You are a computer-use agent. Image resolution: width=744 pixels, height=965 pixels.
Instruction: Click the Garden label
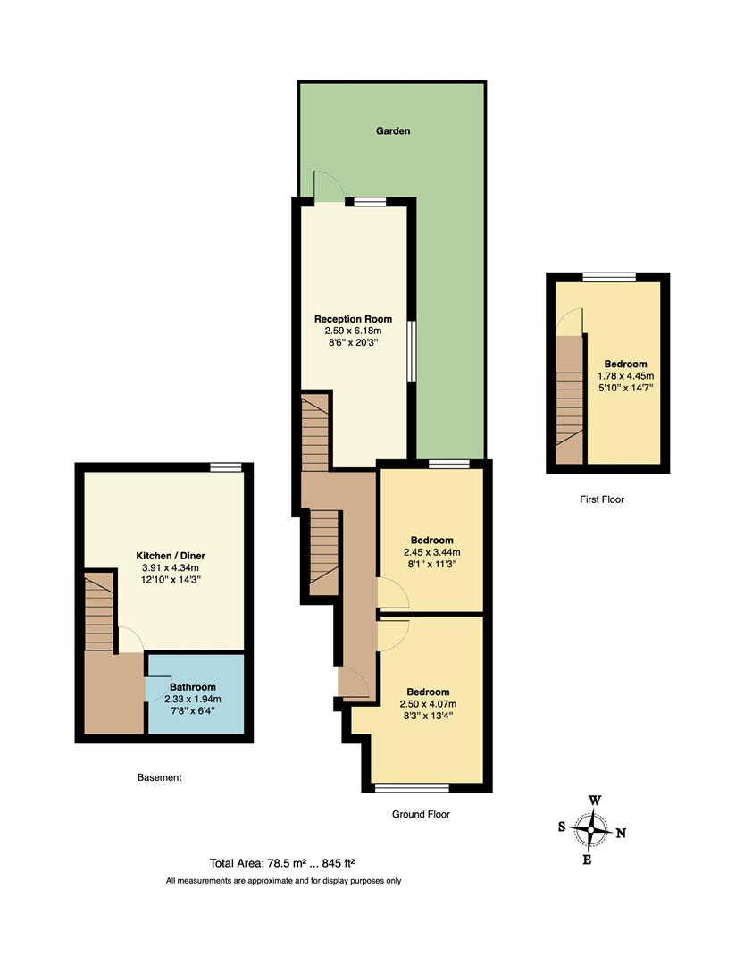pyautogui.click(x=392, y=131)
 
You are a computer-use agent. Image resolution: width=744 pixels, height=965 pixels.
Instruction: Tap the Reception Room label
pyautogui.click(x=353, y=319)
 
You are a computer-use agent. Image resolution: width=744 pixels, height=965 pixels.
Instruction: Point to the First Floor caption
pyautogui.click(x=601, y=499)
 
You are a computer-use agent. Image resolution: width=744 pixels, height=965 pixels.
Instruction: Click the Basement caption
pyautogui.click(x=159, y=777)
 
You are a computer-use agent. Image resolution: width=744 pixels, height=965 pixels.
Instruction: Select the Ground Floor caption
pyautogui.click(x=421, y=814)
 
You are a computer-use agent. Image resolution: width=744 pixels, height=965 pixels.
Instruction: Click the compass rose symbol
pyautogui.click(x=590, y=830)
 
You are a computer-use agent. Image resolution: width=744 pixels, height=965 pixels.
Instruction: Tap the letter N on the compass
pyautogui.click(x=621, y=833)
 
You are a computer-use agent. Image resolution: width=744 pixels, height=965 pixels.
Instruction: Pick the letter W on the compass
pyautogui.click(x=594, y=801)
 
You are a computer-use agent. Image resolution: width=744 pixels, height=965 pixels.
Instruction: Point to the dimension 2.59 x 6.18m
pyautogui.click(x=353, y=330)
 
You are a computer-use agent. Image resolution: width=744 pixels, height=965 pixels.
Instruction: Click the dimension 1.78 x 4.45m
pyautogui.click(x=625, y=375)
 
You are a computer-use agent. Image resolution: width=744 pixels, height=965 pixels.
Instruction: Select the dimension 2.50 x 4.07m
pyautogui.click(x=428, y=703)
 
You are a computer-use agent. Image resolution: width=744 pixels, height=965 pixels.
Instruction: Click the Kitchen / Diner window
pyautogui.click(x=226, y=466)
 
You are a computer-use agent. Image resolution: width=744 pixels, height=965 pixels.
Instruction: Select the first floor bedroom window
pyautogui.click(x=609, y=276)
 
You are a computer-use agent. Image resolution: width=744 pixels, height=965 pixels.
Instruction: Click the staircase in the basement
pyautogui.click(x=99, y=613)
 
